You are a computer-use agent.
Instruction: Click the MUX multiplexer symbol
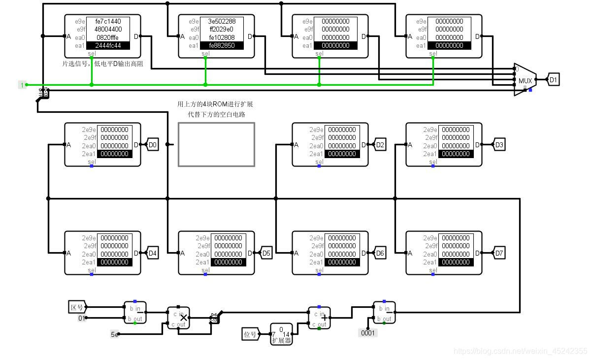click(x=525, y=80)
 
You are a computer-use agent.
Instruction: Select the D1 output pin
click(x=553, y=80)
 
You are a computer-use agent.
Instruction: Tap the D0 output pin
click(x=153, y=145)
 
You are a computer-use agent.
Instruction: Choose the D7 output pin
click(x=499, y=253)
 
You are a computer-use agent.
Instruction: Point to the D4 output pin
click(x=153, y=253)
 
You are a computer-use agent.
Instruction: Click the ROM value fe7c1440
click(x=108, y=21)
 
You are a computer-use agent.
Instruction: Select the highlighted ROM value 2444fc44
click(x=108, y=45)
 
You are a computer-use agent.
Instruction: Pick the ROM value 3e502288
click(x=222, y=21)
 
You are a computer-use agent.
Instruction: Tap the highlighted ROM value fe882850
click(x=222, y=45)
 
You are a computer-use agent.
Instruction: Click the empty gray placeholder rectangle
click(x=216, y=144)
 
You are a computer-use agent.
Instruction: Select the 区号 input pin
click(x=77, y=307)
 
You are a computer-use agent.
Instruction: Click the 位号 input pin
click(x=250, y=334)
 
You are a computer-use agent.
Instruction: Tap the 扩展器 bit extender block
click(x=281, y=334)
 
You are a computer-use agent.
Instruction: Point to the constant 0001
click(x=367, y=333)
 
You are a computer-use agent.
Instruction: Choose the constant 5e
click(x=114, y=334)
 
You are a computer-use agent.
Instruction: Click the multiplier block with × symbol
click(x=178, y=318)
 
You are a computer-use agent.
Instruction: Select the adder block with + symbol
click(x=319, y=318)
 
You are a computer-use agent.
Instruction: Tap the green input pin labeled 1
click(x=22, y=85)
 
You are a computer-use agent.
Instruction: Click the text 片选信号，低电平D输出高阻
click(x=102, y=64)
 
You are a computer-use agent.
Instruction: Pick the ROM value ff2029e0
click(x=222, y=29)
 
